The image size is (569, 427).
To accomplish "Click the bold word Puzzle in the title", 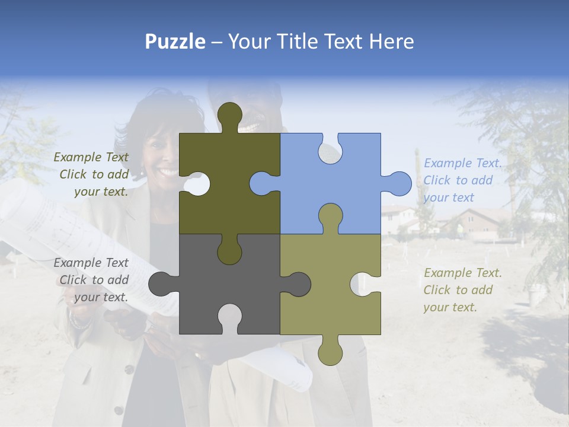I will click(x=175, y=42).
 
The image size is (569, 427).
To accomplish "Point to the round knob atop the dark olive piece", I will click(x=229, y=114).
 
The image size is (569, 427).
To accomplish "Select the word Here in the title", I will click(x=391, y=42).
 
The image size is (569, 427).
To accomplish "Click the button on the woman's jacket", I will click(x=128, y=369).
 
